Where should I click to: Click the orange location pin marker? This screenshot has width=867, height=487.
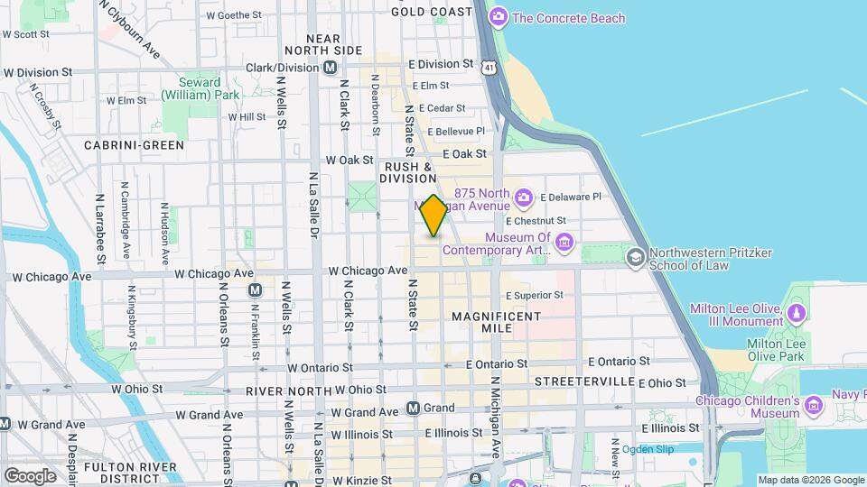click(x=433, y=216)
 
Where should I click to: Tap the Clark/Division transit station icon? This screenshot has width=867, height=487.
click(x=331, y=67)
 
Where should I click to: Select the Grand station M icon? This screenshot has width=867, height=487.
click(x=413, y=408)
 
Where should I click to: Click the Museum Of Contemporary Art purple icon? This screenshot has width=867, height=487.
click(x=564, y=241)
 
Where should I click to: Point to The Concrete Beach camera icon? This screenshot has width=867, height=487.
click(x=497, y=17)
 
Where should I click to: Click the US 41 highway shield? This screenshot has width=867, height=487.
click(x=489, y=67)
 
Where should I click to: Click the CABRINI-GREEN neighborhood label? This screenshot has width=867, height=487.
click(x=134, y=144)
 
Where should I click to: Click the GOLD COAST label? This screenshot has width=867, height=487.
click(x=432, y=12)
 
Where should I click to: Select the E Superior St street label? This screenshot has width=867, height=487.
click(x=534, y=295)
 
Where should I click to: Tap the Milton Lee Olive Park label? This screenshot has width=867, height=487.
click(x=778, y=351)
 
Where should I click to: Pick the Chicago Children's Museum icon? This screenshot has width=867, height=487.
click(x=814, y=407)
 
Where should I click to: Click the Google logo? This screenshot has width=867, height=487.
click(x=30, y=475)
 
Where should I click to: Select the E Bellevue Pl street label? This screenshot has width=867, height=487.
click(x=461, y=131)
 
